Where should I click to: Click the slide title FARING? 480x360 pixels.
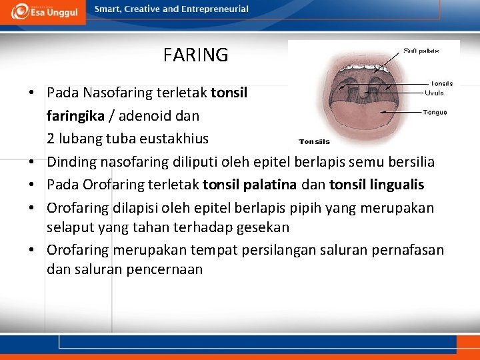click(195, 55)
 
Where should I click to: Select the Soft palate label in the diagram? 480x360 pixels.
click(421, 50)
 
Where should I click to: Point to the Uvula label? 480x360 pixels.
click(435, 93)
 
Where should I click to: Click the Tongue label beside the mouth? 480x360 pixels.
click(435, 112)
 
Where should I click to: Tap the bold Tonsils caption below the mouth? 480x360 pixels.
click(314, 141)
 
